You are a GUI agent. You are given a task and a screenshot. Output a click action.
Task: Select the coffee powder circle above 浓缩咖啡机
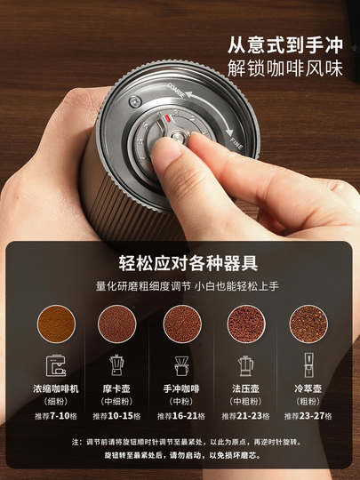point(58,323)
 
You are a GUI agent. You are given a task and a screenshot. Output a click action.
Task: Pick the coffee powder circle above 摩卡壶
point(116,323)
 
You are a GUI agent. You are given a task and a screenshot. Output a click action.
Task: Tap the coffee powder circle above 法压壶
point(244,323)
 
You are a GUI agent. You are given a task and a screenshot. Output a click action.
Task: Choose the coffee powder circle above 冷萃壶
point(306,323)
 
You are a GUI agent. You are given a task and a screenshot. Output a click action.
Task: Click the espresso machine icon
point(58,366)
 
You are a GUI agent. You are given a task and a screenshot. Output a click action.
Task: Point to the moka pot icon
point(116,366)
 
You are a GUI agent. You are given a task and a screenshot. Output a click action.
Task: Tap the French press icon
point(244,366)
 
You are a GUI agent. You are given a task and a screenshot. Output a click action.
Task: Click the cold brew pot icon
point(306,366)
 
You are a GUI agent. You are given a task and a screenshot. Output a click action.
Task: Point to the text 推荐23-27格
point(306,416)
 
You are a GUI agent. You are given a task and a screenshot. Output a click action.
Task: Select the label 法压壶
point(244,389)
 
